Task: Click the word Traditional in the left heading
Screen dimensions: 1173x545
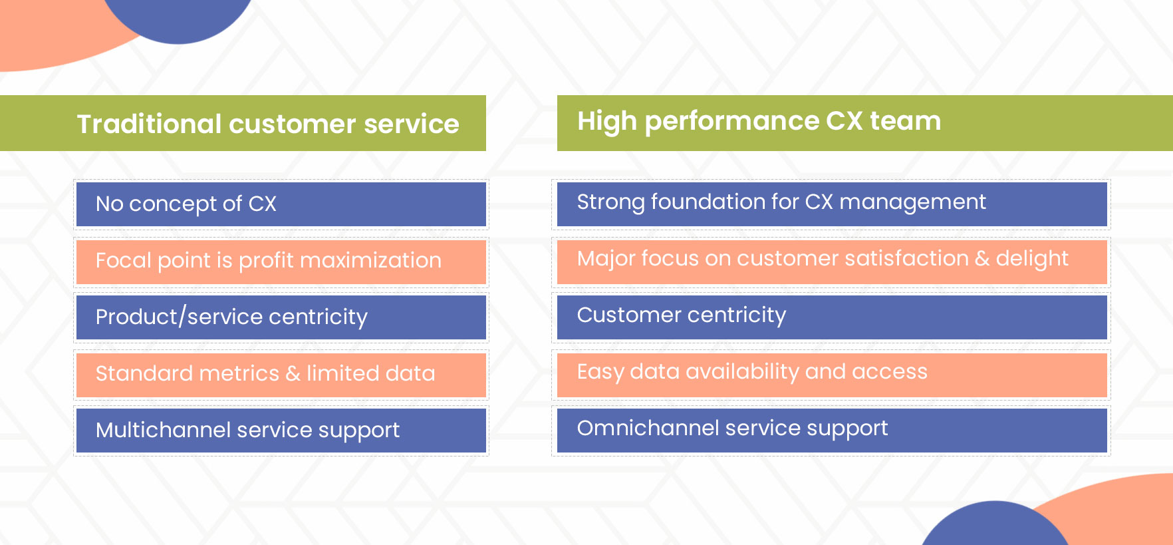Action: click(149, 124)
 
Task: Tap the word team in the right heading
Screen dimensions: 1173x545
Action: click(906, 120)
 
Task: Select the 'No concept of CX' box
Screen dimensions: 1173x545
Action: click(281, 204)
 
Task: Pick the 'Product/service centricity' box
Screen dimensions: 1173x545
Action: click(281, 317)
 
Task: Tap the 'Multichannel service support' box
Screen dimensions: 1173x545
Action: click(281, 431)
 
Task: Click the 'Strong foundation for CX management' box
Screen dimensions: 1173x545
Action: click(832, 204)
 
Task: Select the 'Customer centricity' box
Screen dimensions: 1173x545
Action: click(832, 317)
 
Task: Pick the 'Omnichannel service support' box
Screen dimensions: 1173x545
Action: click(832, 431)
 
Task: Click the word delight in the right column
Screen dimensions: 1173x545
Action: click(1032, 259)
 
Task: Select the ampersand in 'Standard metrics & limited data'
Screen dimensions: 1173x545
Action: click(293, 374)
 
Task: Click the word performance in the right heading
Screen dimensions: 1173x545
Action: click(732, 122)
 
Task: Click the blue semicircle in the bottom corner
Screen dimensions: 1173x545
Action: click(995, 523)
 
